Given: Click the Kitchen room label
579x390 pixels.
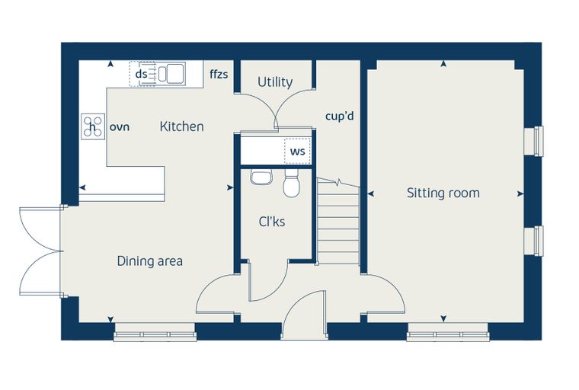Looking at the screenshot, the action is pyautogui.click(x=181, y=126).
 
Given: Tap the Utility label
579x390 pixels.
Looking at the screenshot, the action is pyautogui.click(x=275, y=82).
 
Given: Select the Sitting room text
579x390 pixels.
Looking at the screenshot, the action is pyautogui.click(x=443, y=193).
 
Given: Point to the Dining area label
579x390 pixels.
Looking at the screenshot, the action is pyautogui.click(x=149, y=261).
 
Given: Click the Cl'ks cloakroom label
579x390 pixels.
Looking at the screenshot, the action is pyautogui.click(x=272, y=222).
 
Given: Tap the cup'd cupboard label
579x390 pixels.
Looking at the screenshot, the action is pyautogui.click(x=339, y=117).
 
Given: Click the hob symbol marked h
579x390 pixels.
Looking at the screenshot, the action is pyautogui.click(x=93, y=126).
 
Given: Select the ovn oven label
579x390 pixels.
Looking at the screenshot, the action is pyautogui.click(x=120, y=127).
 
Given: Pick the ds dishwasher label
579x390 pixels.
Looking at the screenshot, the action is pyautogui.click(x=142, y=74).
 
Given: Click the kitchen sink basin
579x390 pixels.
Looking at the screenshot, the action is pyautogui.click(x=175, y=74).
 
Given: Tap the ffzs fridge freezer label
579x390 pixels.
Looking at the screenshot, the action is pyautogui.click(x=219, y=74).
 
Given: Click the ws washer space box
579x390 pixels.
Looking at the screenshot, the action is pyautogui.click(x=298, y=151).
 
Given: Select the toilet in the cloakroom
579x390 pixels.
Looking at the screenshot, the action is pyautogui.click(x=291, y=183).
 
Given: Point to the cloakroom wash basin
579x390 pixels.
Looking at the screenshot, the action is pyautogui.click(x=261, y=177).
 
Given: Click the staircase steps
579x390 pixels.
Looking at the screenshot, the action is pyautogui.click(x=338, y=222).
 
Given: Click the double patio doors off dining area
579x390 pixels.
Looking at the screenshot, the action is pyautogui.click(x=40, y=251).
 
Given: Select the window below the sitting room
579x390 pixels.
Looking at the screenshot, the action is pyautogui.click(x=448, y=332).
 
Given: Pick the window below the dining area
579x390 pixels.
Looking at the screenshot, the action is pyautogui.click(x=155, y=332).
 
